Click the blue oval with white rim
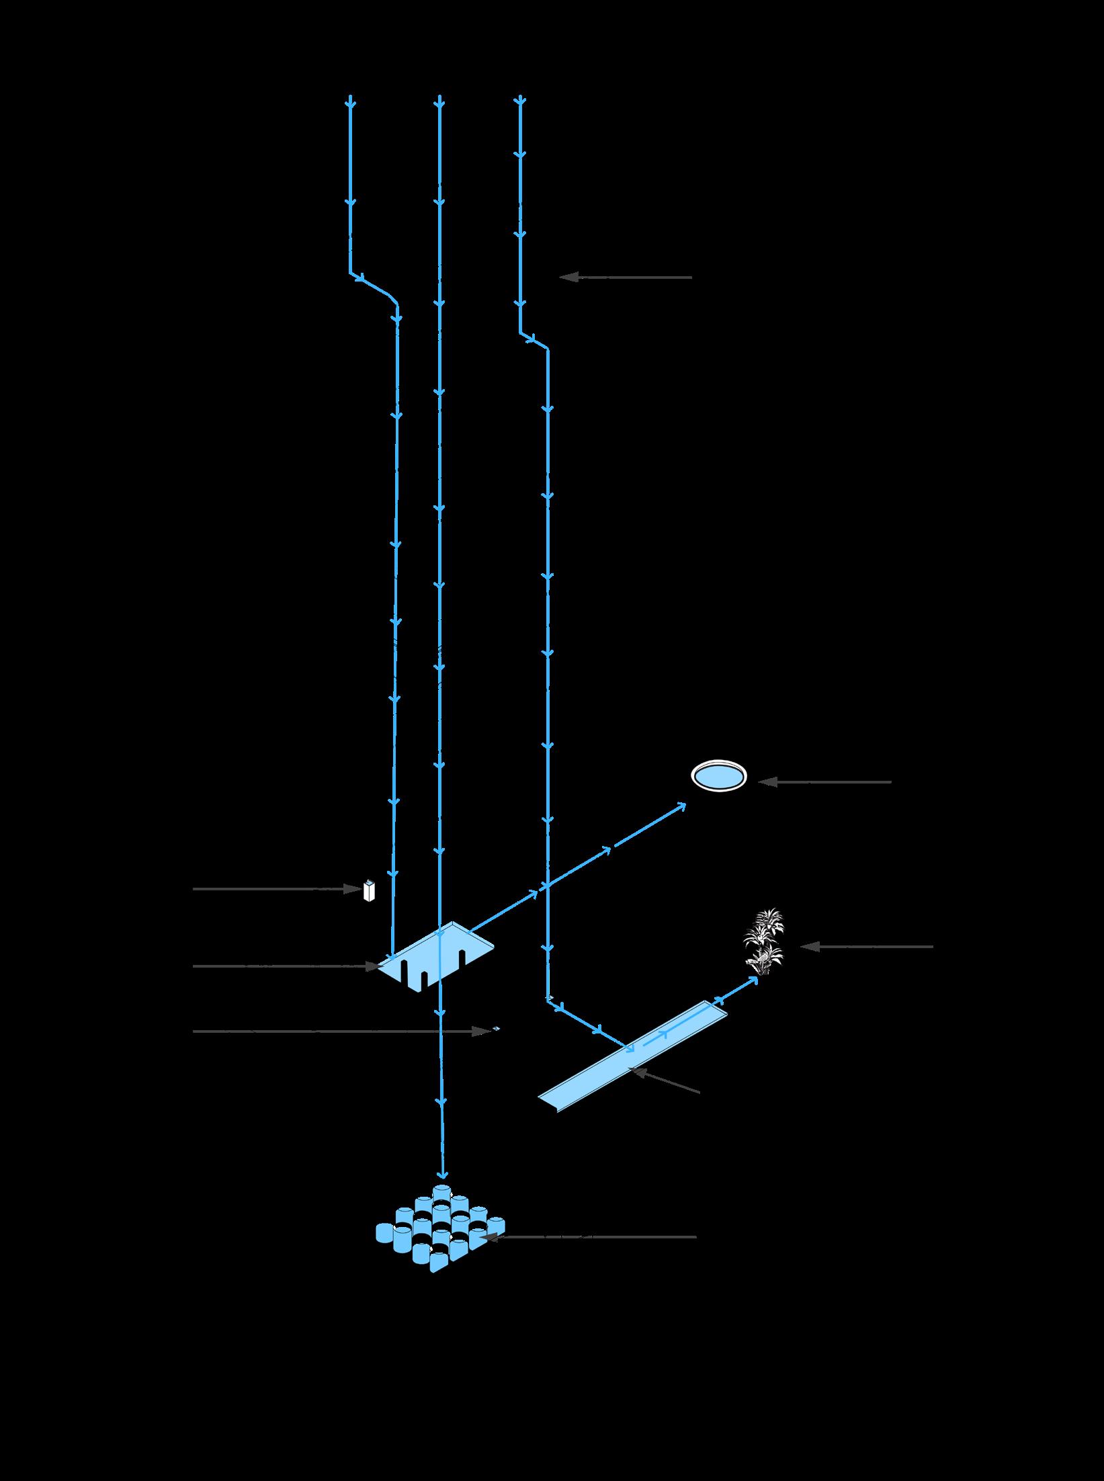click(x=719, y=777)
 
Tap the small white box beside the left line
click(x=368, y=890)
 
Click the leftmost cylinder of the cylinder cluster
click(x=384, y=1233)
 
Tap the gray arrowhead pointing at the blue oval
click(x=767, y=782)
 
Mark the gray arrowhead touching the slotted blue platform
click(x=373, y=966)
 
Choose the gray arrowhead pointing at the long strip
click(x=635, y=1072)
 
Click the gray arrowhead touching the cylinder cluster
click(x=489, y=1236)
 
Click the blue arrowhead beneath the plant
click(x=753, y=980)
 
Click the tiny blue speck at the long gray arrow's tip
click(x=497, y=1028)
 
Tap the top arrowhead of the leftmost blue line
click(x=350, y=103)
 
